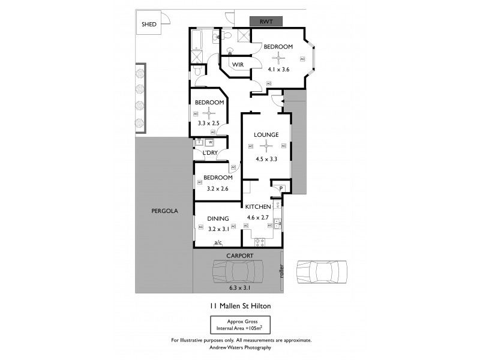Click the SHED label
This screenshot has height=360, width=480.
point(149,25)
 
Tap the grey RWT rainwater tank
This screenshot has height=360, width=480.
point(266,22)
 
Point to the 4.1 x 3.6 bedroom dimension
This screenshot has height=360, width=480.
point(278,69)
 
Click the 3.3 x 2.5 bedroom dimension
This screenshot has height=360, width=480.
point(209,124)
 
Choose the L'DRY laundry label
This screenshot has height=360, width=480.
point(210,153)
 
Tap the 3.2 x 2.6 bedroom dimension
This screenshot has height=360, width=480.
point(217,188)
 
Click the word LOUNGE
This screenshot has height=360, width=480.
point(266,134)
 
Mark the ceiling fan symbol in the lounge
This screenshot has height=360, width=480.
point(266,144)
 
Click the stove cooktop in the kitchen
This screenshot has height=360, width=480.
point(261,242)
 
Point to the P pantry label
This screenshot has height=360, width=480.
point(281,188)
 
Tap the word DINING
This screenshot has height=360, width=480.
point(218,219)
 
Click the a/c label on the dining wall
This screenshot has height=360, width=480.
point(218,242)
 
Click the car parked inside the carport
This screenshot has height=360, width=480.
point(239,272)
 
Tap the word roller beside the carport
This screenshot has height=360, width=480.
point(281,271)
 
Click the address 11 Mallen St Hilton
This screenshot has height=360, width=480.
point(240,305)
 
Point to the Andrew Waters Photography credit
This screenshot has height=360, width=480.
point(241,347)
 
